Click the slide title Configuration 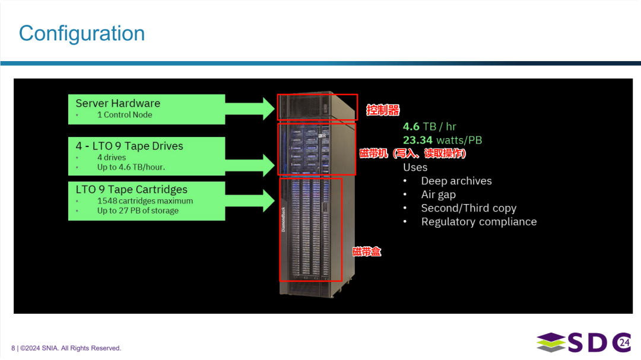point(82,33)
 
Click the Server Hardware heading point(118,103)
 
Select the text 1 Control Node point(125,115)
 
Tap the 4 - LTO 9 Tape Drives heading point(129,146)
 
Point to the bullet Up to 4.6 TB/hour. point(131,167)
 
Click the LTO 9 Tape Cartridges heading point(132,190)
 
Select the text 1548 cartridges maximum point(145,201)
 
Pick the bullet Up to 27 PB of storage point(138,211)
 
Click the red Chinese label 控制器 point(383,110)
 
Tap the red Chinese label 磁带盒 point(366,251)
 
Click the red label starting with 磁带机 point(413,154)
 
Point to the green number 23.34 point(418,140)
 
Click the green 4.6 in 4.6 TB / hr point(411,126)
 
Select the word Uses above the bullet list point(415,167)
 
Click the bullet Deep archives point(456,181)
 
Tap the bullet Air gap point(438,195)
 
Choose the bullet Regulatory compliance point(478,222)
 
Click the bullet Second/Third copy point(468,208)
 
